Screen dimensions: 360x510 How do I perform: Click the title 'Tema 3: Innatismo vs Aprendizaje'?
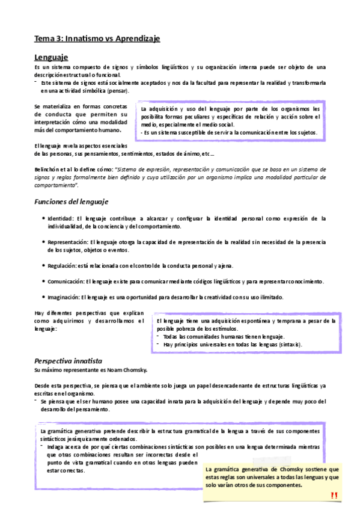[x=97, y=38]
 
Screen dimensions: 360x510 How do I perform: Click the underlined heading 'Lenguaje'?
[x=50, y=57]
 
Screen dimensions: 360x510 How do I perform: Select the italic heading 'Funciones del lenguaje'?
[x=72, y=201]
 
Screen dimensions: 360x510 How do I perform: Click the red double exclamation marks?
[x=334, y=495]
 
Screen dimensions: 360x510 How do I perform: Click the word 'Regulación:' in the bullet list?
[x=62, y=265]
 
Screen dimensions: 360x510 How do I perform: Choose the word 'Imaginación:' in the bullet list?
[x=64, y=297]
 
